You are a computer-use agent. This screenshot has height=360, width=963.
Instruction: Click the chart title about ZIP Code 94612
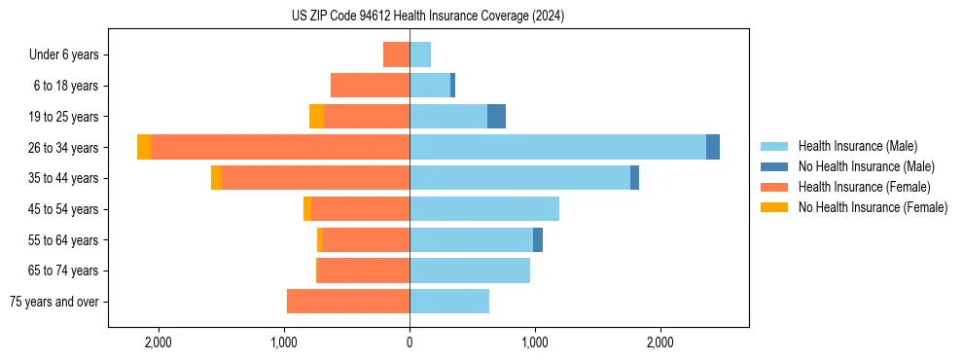point(427,16)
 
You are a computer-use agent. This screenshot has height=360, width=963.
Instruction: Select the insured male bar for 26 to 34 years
point(557,147)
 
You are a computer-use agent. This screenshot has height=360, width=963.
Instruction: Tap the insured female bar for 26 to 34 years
point(280,147)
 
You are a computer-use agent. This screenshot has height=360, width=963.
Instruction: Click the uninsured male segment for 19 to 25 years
point(496,117)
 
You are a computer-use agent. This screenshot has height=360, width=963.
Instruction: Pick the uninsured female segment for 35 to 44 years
point(216,178)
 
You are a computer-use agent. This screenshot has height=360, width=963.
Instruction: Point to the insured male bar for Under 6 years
point(420,54)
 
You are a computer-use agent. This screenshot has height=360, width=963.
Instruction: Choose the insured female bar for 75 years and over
point(348,302)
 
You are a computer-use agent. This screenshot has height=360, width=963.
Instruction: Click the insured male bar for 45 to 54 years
point(484,209)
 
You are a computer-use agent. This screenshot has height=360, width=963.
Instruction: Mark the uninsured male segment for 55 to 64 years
point(538,240)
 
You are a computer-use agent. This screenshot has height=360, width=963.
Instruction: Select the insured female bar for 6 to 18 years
point(370,86)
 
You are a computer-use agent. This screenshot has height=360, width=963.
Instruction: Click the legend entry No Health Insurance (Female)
point(873,207)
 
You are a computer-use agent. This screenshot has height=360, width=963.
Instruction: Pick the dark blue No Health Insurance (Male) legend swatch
point(774,166)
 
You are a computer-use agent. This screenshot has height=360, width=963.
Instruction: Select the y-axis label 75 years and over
point(54,303)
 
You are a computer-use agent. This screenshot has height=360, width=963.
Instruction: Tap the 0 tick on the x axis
point(410,343)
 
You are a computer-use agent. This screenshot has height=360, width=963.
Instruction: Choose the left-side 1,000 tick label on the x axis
point(284,343)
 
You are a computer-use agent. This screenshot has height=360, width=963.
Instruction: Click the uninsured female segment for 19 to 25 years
point(316,117)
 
